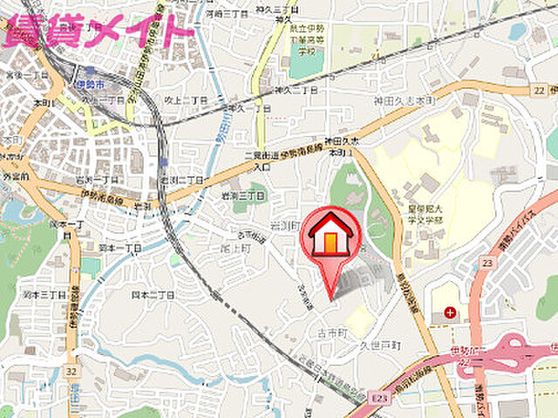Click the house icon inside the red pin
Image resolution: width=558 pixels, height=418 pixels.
pos(331,236)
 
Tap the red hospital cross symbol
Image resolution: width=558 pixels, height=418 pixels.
pos(449,312)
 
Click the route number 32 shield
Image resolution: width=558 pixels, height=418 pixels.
pos(70,370)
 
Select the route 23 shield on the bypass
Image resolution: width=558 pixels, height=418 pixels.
pos(487,261)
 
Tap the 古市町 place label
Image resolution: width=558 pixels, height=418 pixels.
pos(332,333)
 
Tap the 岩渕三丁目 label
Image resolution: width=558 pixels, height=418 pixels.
pos(241,195)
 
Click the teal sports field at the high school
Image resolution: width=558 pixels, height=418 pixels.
pos(306,62)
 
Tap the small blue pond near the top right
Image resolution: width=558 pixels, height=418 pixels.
pos(518,31)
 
